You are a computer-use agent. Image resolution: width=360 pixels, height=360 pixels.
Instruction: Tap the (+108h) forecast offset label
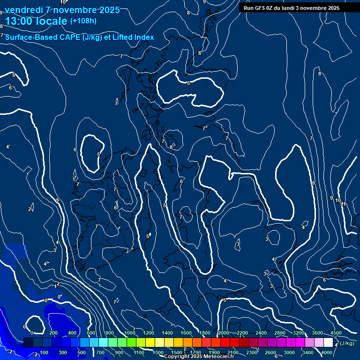pos(83,21)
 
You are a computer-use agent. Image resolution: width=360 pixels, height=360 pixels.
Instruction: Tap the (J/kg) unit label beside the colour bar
pos(347,343)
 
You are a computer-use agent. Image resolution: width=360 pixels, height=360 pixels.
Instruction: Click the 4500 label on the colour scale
pos(336,333)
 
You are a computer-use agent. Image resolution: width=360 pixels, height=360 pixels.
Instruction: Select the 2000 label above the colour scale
pos(224,333)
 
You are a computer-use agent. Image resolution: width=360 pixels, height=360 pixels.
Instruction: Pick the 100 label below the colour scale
pos(44,352)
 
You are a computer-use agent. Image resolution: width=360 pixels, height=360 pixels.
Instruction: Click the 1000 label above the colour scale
pos(130,333)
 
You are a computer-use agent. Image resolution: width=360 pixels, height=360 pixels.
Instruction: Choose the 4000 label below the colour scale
pos(327,352)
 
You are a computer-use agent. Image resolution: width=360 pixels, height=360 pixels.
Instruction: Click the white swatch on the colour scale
pos(328,343)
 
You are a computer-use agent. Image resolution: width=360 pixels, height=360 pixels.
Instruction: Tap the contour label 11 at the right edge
pos(344,204)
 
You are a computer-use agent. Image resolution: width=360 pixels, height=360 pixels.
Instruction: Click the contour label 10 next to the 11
pos(337,200)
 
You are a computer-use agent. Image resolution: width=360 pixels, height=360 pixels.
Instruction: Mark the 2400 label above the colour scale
pos(261,333)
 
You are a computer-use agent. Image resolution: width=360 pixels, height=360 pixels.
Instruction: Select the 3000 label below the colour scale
pos(289,352)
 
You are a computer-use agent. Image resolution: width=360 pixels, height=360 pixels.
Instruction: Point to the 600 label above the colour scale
pos(91,333)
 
